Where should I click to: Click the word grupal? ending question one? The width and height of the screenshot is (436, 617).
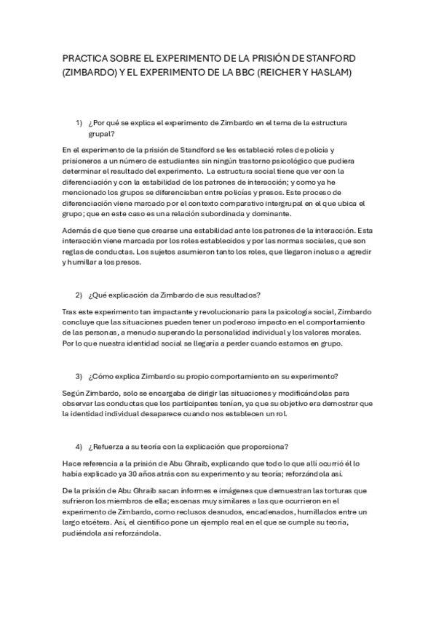pos(102,135)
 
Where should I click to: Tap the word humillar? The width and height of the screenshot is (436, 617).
pos(76,263)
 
